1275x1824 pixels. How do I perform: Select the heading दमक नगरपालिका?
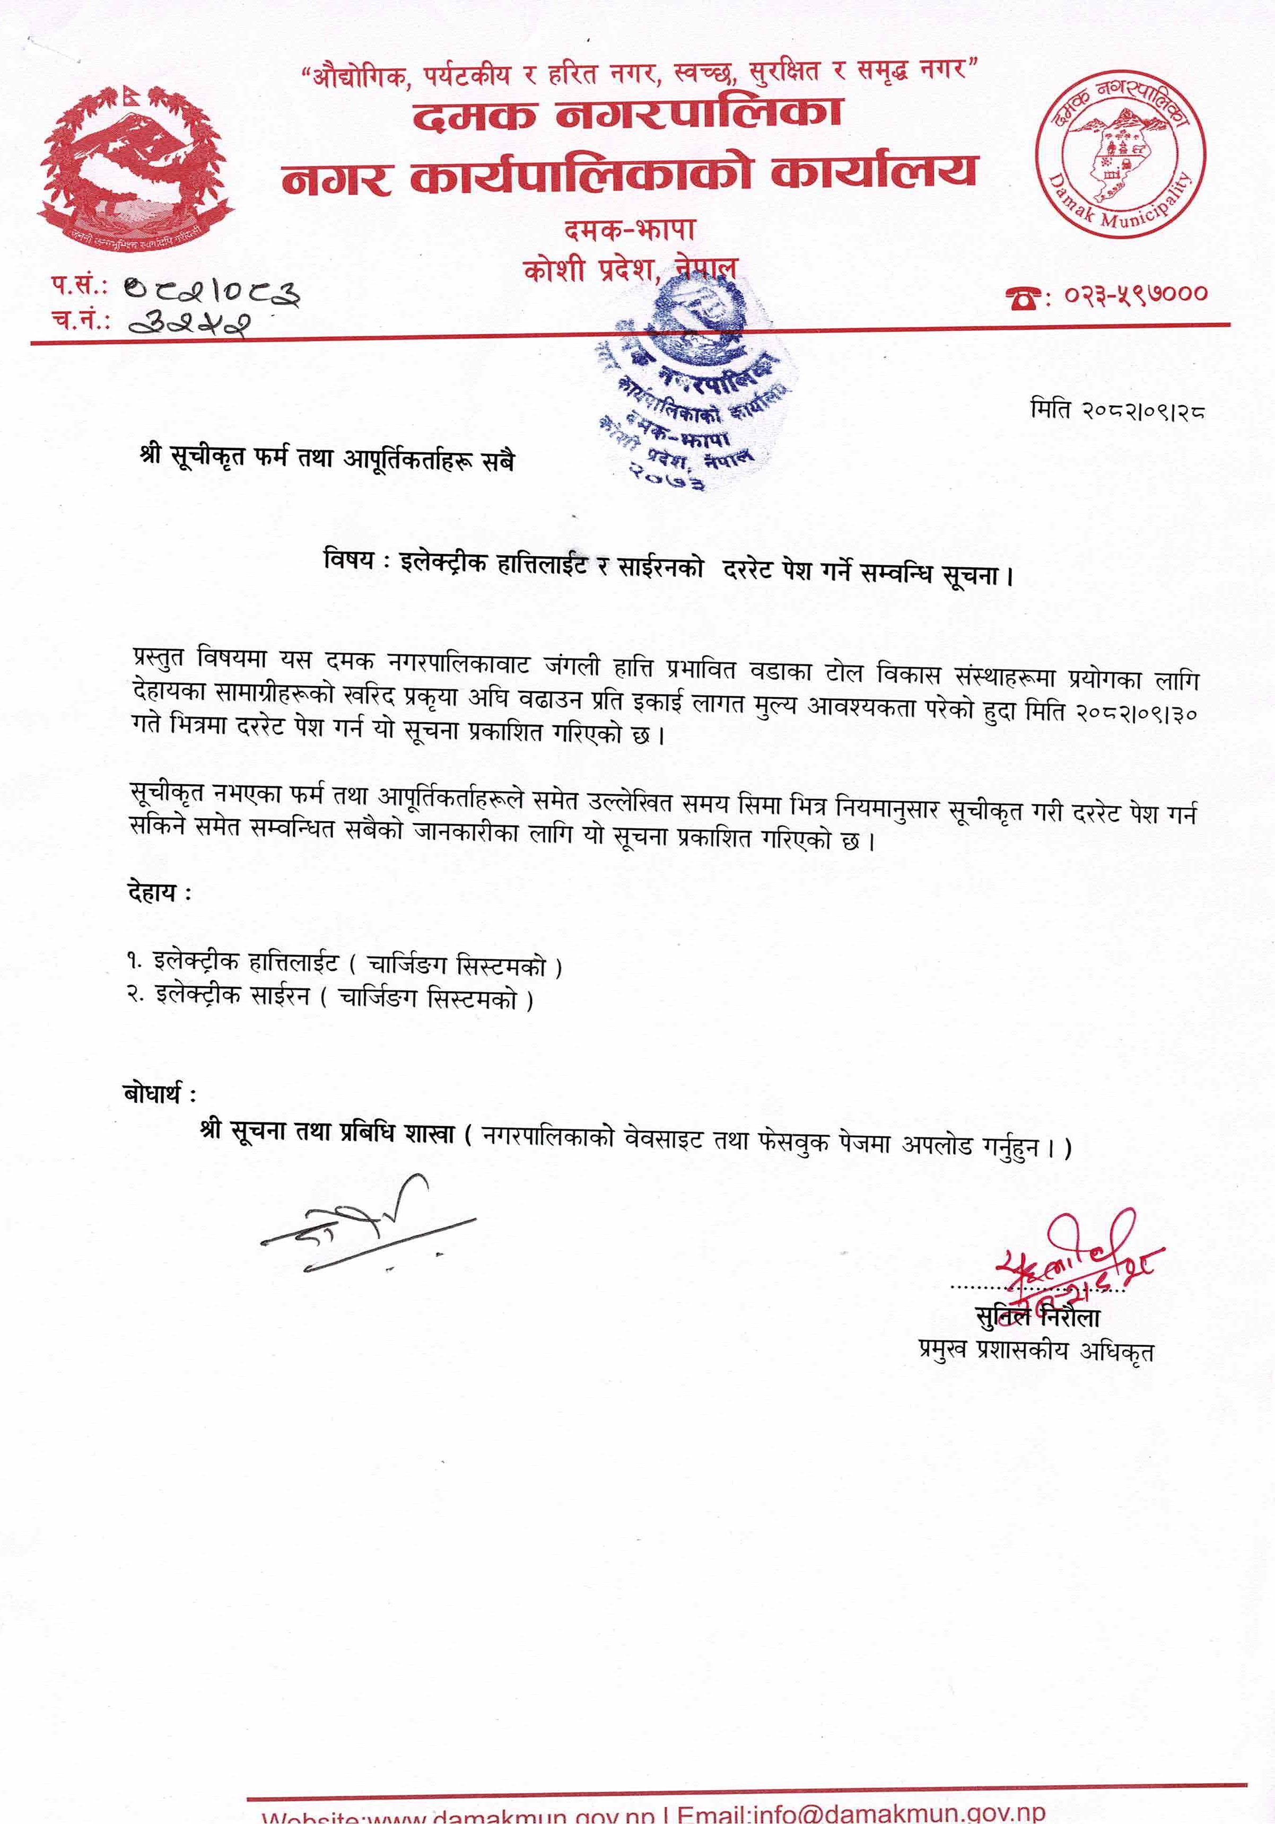[627, 113]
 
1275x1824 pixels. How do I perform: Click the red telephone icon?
[1023, 297]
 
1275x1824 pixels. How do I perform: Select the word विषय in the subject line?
[348, 560]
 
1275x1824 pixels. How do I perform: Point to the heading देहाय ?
[159, 892]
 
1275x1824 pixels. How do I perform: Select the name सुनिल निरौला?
[1037, 1317]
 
